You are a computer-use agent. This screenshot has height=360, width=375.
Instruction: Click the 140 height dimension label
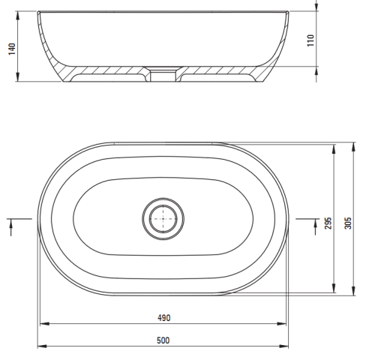pyautogui.click(x=12, y=49)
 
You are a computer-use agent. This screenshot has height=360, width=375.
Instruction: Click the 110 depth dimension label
pyautogui.click(x=310, y=40)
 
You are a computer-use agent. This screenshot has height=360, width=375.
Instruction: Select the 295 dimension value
pyautogui.click(x=328, y=223)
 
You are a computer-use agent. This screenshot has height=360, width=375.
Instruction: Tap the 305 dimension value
pyautogui.click(x=348, y=223)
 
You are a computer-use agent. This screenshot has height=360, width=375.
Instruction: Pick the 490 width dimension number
pyautogui.click(x=164, y=318)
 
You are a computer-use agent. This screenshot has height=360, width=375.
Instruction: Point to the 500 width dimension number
pyautogui.click(x=163, y=340)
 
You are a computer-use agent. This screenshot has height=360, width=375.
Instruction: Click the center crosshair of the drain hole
pyautogui.click(x=163, y=219)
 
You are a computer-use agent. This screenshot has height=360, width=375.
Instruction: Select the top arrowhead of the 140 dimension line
pyautogui.click(x=17, y=16)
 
